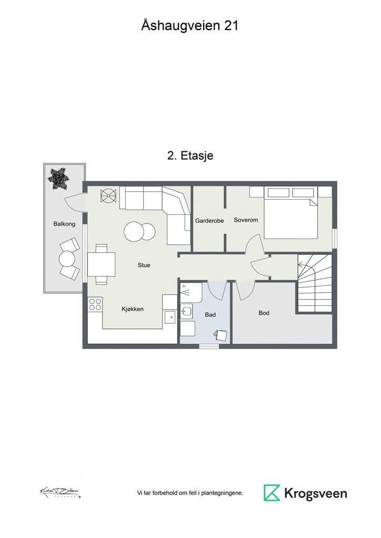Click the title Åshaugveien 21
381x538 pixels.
190,25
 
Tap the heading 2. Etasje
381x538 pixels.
190,156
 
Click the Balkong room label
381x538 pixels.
64,224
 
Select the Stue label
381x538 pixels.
144,265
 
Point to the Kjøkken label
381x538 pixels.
132,309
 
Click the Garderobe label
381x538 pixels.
209,221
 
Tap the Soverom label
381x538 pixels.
246,220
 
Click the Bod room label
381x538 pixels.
264,313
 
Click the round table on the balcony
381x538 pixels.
67,258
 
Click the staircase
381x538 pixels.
315,283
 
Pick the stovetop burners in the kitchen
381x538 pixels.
95,304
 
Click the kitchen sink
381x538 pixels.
169,317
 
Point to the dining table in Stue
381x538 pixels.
101,264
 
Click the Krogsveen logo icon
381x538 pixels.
272,493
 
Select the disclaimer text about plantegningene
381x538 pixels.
190,493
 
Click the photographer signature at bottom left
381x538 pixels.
60,492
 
